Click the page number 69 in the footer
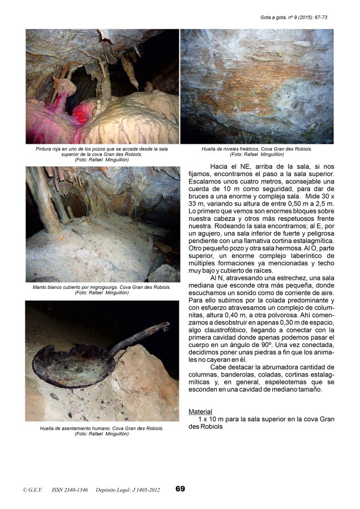(179, 489)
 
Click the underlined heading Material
(200, 412)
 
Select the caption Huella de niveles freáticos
(256, 151)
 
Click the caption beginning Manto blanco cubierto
(101, 290)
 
